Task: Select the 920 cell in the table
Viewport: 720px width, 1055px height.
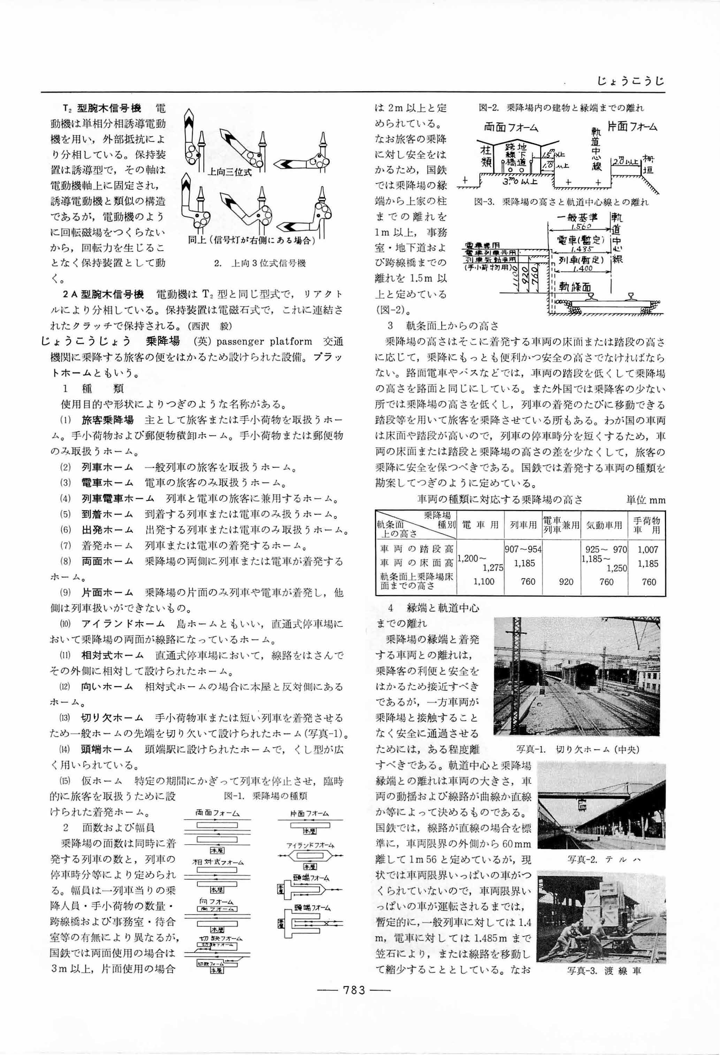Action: (x=566, y=582)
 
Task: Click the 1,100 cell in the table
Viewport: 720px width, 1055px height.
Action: (x=484, y=582)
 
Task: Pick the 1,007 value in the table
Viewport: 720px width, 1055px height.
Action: (x=648, y=550)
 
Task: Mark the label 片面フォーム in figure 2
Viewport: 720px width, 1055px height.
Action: (x=632, y=127)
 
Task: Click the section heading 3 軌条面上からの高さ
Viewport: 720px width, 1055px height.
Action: (x=443, y=326)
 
